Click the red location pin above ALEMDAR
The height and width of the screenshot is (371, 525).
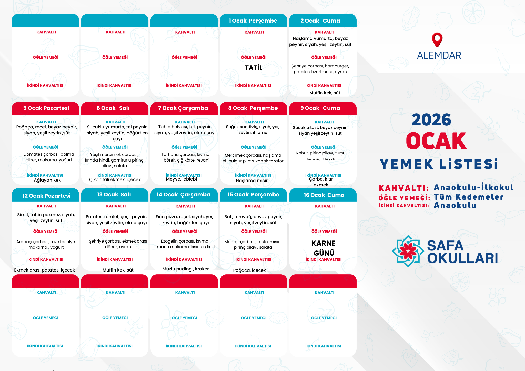pyautogui.click(x=437, y=39)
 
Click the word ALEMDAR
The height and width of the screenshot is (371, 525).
pyautogui.click(x=439, y=55)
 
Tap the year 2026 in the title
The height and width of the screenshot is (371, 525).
pyautogui.click(x=431, y=120)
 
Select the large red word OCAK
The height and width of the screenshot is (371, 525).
pyautogui.click(x=436, y=141)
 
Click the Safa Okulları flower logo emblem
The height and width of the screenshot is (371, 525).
pyautogui.click(x=408, y=251)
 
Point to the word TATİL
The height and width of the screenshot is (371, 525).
pyautogui.click(x=254, y=68)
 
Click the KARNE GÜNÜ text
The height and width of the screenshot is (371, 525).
pyautogui.click(x=324, y=248)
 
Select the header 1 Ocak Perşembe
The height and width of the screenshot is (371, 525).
pyautogui.click(x=253, y=21)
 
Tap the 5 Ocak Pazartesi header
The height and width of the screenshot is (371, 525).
pyautogui.click(x=46, y=108)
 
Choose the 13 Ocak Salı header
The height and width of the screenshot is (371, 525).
pyautogui.click(x=114, y=195)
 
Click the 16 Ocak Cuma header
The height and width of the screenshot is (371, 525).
pyautogui.click(x=324, y=195)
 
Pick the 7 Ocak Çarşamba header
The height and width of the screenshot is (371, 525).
pyautogui.click(x=183, y=108)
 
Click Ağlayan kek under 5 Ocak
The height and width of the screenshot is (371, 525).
pyautogui.click(x=47, y=180)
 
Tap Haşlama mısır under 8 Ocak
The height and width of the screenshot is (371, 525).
pyautogui.click(x=251, y=181)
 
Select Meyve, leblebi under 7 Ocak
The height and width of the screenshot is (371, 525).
pyautogui.click(x=181, y=179)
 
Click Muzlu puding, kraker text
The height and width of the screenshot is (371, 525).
pyautogui.click(x=185, y=269)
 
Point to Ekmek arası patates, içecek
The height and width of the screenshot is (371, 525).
pyautogui.click(x=44, y=270)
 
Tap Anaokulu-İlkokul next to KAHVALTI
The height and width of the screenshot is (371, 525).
pyautogui.click(x=473, y=187)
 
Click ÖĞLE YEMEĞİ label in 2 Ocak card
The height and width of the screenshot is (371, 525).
pyautogui.click(x=324, y=57)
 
